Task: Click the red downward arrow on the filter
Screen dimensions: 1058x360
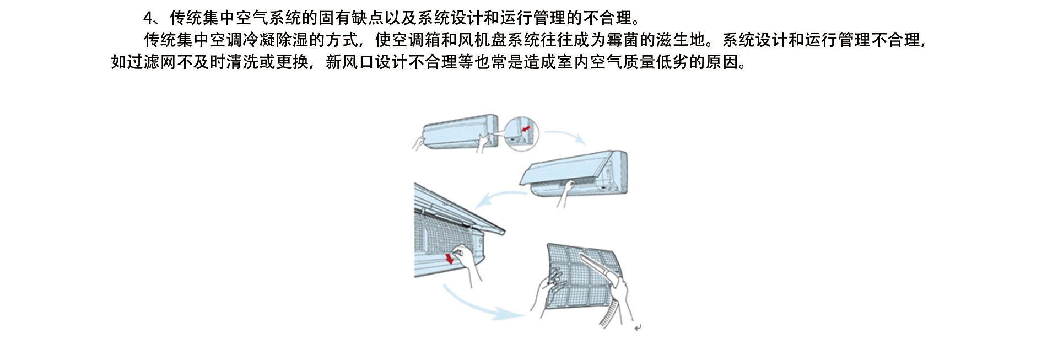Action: pyautogui.click(x=450, y=257)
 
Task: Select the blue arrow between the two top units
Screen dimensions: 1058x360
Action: pyautogui.click(x=565, y=137)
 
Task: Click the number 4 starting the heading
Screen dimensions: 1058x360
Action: pyautogui.click(x=148, y=18)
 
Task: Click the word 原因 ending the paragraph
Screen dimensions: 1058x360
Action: pyautogui.click(x=722, y=62)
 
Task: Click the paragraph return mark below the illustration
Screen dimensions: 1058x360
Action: pyautogui.click(x=638, y=328)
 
